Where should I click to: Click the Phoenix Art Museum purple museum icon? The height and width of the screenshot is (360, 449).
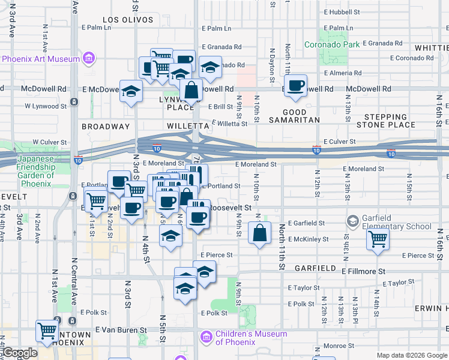click(x=89, y=59)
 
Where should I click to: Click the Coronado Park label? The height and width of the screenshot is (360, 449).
click(x=331, y=44)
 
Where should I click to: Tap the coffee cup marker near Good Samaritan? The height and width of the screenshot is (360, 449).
click(x=295, y=86)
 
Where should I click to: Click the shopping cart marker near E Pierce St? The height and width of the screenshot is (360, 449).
click(x=378, y=239)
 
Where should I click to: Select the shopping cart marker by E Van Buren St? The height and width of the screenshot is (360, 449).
click(x=47, y=331)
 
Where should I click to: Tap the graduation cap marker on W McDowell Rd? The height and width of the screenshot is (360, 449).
click(x=131, y=92)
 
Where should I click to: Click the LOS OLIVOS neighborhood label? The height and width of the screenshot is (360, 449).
click(x=124, y=20)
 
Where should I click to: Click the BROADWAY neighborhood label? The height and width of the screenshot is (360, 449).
click(x=106, y=127)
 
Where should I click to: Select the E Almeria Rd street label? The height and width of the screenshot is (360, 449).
click(x=343, y=73)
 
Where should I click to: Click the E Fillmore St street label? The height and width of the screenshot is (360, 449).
click(x=363, y=271)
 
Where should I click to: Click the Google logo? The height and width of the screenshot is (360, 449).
click(x=20, y=353)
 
